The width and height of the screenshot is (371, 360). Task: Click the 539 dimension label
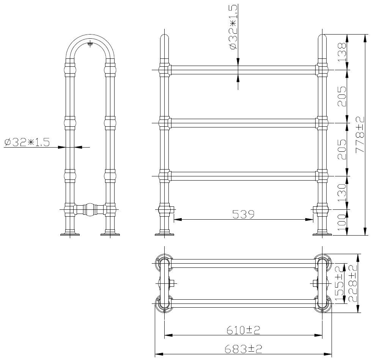[x=243, y=214]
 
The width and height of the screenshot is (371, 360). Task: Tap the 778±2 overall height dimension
[x=360, y=134]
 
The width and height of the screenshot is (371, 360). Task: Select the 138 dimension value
[x=342, y=52]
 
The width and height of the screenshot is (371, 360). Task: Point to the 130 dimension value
[x=342, y=193]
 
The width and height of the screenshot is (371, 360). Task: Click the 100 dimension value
[x=342, y=223]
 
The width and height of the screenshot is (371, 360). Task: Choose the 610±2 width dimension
[x=243, y=330]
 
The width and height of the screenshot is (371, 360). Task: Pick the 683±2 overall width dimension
[x=243, y=349]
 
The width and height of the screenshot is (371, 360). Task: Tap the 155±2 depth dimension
[x=340, y=283]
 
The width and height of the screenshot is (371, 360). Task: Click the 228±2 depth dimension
[x=353, y=283]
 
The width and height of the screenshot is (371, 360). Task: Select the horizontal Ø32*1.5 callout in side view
[x=27, y=142]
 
